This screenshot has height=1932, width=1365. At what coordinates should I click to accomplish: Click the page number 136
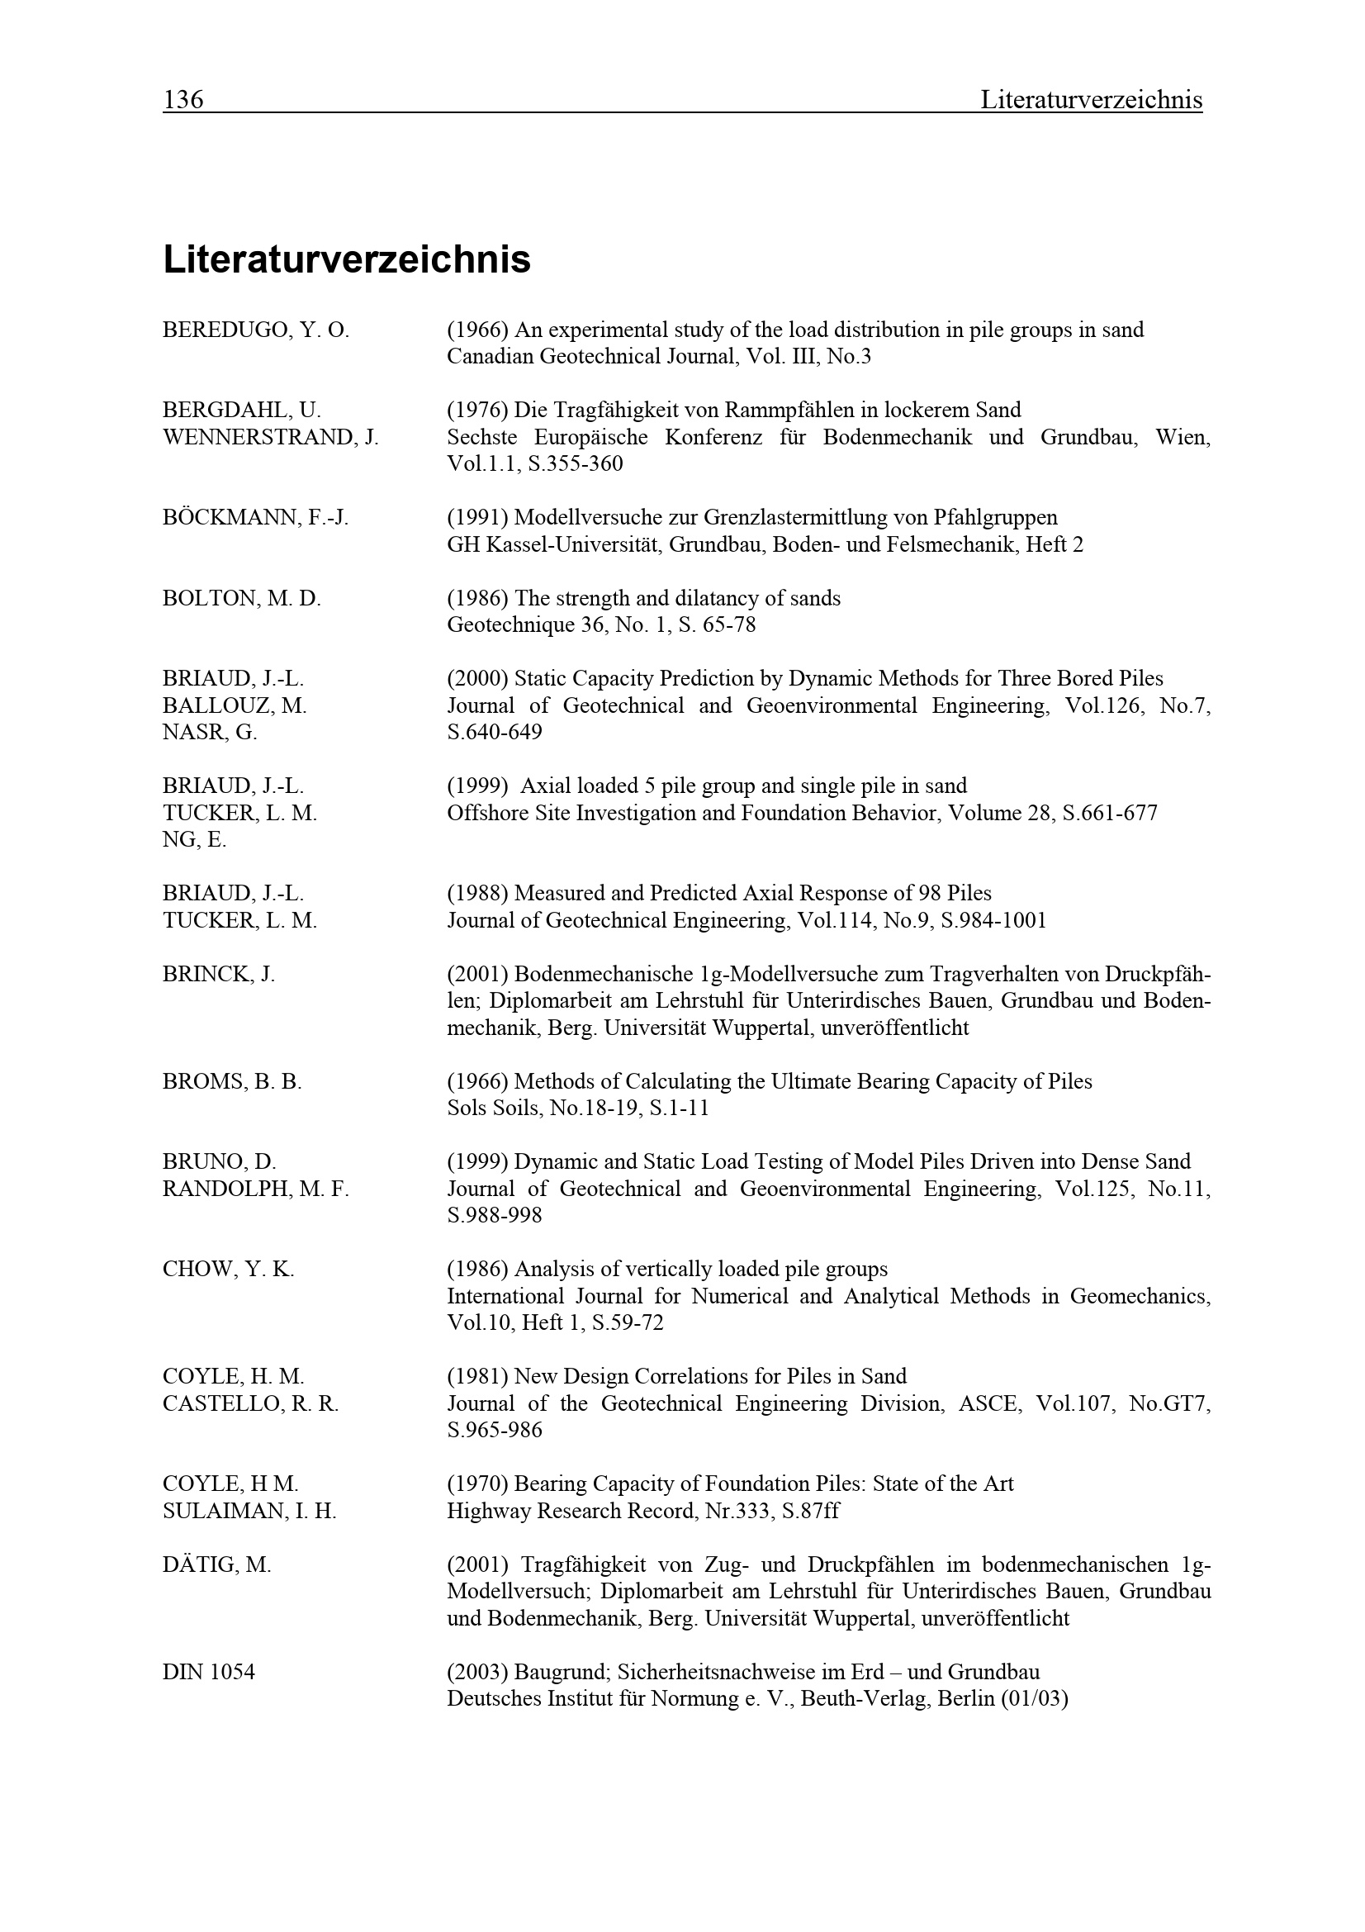[x=182, y=100]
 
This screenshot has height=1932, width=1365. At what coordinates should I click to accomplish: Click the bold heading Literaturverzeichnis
[x=347, y=259]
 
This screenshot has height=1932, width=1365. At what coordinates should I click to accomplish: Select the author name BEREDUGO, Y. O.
[x=255, y=330]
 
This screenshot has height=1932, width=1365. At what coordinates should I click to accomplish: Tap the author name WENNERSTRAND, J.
[x=270, y=438]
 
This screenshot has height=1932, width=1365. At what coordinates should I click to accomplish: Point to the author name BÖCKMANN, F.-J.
[x=255, y=518]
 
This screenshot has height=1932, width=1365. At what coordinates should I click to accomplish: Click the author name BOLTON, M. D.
[x=241, y=598]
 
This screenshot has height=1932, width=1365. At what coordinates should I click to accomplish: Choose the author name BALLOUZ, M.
[x=235, y=706]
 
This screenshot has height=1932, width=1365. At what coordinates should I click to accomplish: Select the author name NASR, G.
[x=210, y=733]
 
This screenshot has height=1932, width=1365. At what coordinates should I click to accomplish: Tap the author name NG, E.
[x=194, y=840]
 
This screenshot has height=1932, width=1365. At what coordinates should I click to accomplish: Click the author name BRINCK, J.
[x=219, y=975]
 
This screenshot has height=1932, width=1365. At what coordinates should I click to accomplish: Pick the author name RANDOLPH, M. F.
[x=255, y=1189]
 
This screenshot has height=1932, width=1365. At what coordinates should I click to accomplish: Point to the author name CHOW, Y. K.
[x=228, y=1269]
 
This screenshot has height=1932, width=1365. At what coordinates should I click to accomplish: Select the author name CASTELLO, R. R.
[x=251, y=1403]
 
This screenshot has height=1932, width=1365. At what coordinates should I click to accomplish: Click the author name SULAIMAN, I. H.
[x=249, y=1512]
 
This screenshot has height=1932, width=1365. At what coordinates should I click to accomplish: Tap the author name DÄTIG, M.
[x=217, y=1565]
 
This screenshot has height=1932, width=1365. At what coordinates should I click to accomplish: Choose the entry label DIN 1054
[x=209, y=1672]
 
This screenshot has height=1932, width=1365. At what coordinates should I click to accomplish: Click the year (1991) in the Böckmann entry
[x=476, y=518]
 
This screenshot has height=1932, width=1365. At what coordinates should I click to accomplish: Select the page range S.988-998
[x=495, y=1216]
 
